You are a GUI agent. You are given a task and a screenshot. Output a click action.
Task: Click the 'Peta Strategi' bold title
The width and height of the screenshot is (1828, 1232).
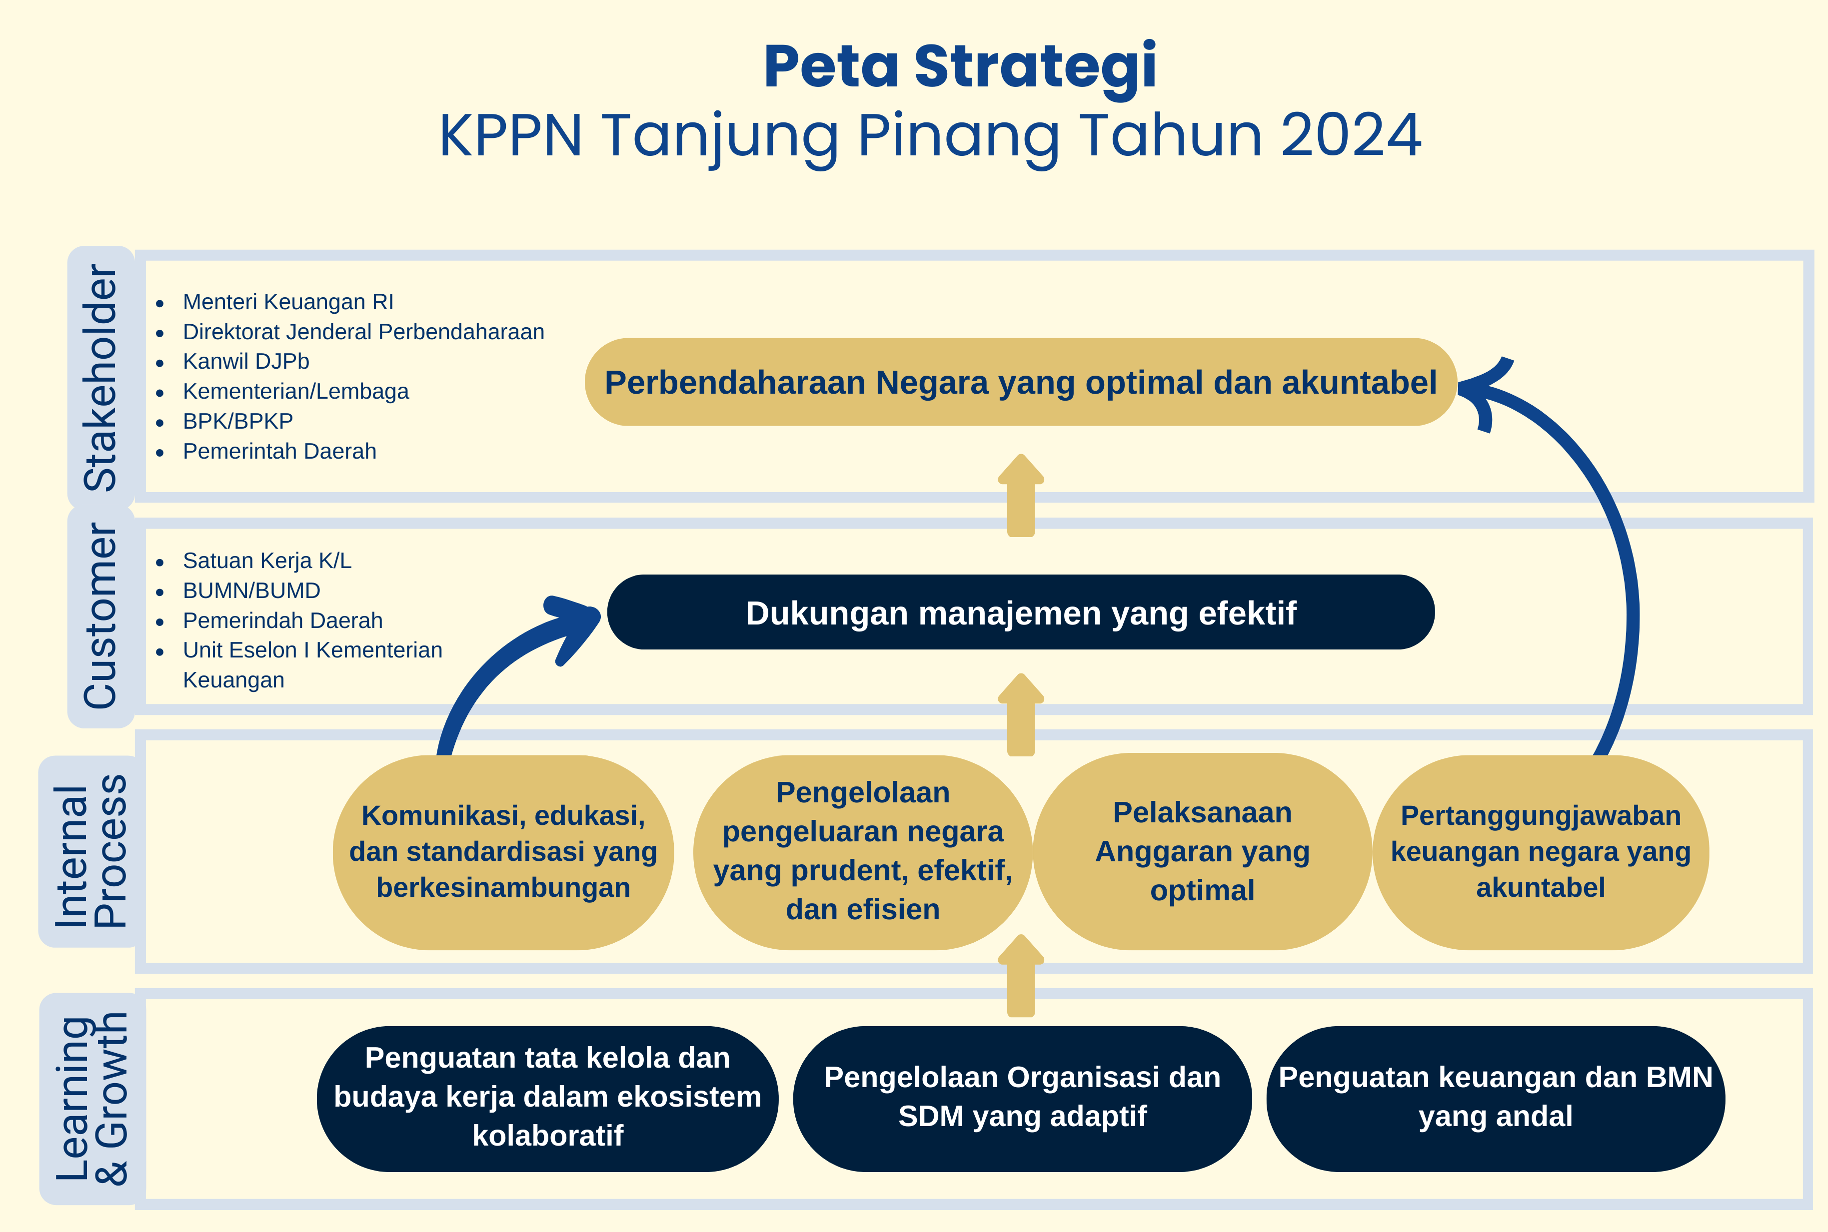coord(960,67)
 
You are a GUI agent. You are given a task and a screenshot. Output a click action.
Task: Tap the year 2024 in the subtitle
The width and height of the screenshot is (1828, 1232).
coord(1351,135)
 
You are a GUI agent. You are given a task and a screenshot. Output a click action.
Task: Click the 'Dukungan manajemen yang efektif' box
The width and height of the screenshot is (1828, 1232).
coord(1021,612)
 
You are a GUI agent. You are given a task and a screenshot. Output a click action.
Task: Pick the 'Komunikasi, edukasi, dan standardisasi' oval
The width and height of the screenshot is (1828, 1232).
coord(503,852)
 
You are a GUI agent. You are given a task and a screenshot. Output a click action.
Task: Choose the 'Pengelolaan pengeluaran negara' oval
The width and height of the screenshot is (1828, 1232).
coord(862,852)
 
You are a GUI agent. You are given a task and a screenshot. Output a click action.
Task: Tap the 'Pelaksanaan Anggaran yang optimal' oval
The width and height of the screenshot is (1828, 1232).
coord(1203,852)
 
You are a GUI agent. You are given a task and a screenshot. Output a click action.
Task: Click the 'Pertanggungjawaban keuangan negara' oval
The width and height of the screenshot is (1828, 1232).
coord(1541,852)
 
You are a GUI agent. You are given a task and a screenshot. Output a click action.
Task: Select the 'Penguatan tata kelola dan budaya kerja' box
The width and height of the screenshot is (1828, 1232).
coord(548,1099)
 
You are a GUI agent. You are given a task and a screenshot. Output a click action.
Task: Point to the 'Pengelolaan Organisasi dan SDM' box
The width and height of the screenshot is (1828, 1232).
coord(1022,1099)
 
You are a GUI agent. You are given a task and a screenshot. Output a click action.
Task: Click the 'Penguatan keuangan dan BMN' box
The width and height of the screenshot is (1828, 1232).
coord(1496,1099)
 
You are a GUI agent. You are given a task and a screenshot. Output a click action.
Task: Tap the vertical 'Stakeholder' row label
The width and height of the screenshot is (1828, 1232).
coord(100,377)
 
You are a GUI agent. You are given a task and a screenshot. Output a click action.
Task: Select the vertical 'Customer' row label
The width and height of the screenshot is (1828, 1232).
coord(100,616)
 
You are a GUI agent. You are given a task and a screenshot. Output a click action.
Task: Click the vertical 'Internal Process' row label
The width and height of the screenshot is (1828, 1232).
coord(90,851)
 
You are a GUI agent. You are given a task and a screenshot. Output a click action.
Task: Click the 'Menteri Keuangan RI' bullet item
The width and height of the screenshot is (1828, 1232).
coord(287,302)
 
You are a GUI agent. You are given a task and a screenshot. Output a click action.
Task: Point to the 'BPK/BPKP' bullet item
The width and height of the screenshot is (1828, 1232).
coord(237,421)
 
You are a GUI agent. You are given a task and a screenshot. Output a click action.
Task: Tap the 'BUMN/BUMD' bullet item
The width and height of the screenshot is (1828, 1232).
coord(251,590)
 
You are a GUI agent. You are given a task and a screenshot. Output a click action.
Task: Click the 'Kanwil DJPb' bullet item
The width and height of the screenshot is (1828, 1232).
coord(246,361)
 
